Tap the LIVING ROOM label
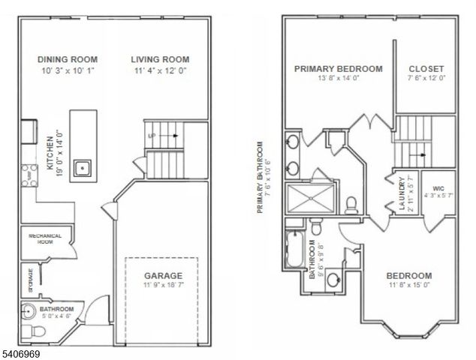[x=159, y=59]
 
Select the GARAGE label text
[x=162, y=275]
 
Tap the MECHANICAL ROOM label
[x=44, y=239]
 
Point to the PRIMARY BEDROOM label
[x=338, y=68]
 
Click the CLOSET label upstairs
[x=426, y=68]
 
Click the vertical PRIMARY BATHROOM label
[x=259, y=177]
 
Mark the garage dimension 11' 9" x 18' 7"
[x=162, y=286]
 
